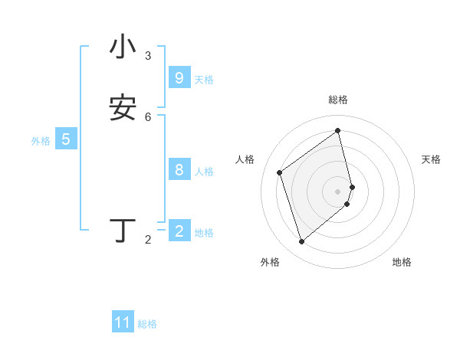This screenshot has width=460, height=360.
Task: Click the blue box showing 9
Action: pos(179,78)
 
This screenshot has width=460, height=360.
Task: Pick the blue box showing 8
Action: pos(179,170)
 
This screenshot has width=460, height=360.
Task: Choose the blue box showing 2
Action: pos(179,231)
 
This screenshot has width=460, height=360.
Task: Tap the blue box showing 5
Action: pos(66,139)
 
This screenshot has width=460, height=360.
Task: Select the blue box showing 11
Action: pos(123,322)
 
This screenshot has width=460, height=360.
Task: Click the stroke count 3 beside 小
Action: pos(148,56)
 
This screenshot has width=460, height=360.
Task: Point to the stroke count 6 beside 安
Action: pos(148,116)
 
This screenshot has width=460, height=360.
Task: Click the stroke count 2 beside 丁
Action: pos(148,240)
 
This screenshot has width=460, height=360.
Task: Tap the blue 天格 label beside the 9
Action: pos(204,80)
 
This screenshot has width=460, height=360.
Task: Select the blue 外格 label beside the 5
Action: pos(41,141)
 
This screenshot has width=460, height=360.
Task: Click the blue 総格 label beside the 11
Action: pos(147,324)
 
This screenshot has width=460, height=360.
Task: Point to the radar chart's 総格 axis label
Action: pos(338,100)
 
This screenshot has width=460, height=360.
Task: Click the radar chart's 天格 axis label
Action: pos(432,159)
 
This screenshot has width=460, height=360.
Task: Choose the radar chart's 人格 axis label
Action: pos(245,159)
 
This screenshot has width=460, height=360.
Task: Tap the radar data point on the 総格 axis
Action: pos(338,130)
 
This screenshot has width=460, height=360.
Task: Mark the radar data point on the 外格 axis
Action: pos(301,242)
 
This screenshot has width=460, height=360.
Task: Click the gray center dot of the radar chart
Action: pos(338,191)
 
